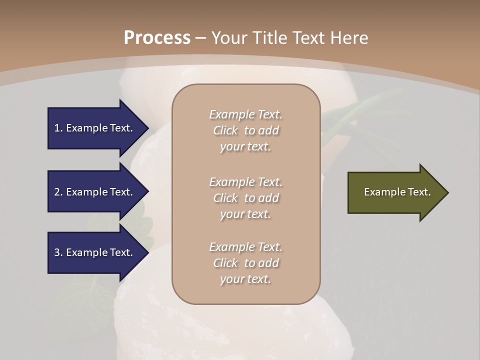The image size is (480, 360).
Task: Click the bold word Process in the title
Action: tap(157, 38)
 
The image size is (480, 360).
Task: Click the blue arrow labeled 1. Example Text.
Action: tap(95, 128)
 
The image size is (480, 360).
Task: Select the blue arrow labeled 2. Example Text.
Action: tap(95, 192)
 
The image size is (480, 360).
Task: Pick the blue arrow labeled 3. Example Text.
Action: tap(95, 252)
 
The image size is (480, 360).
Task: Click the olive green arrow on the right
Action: tap(395, 192)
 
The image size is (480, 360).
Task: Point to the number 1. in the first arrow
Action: tap(58, 128)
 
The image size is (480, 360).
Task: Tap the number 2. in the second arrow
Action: tap(58, 192)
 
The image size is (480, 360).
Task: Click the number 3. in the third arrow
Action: tap(58, 252)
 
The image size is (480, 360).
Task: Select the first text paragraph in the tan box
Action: tap(245, 130)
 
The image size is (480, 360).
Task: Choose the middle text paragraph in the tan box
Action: tap(245, 198)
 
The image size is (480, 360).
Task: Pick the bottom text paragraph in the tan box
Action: tap(245, 263)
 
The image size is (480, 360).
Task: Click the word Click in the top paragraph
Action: tap(225, 131)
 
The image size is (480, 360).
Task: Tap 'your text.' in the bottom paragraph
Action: tap(245, 279)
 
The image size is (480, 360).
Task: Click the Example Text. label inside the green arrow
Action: tap(397, 192)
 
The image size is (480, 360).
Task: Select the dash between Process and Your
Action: tap(200, 38)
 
